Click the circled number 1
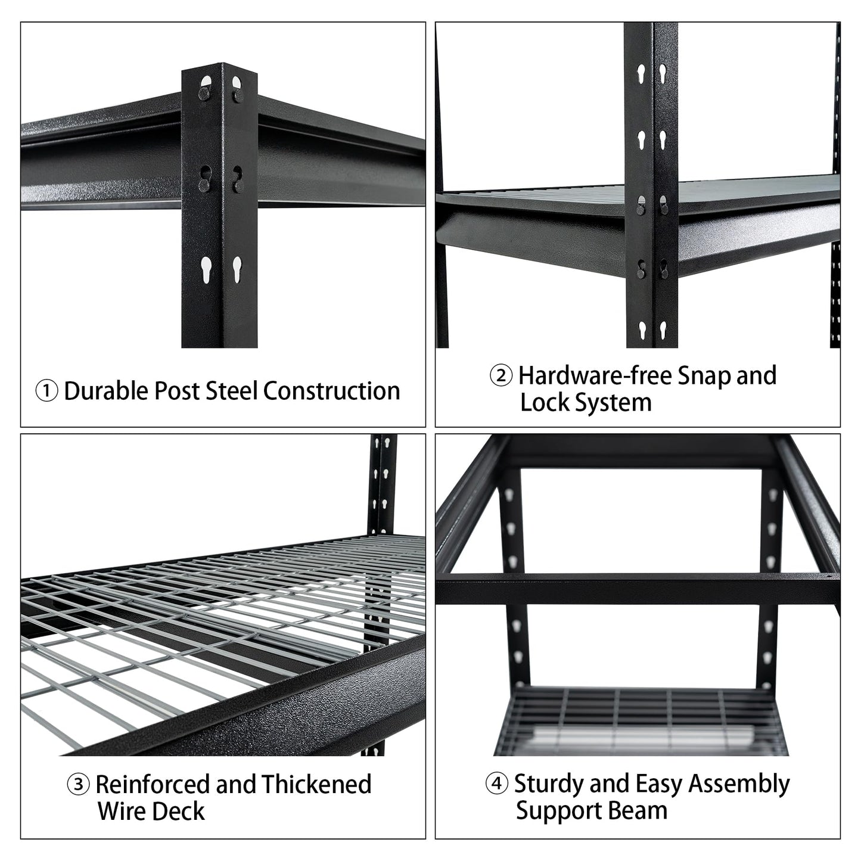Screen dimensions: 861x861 point(46,391)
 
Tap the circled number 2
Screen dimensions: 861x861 point(501,377)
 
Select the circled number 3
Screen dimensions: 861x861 point(79,785)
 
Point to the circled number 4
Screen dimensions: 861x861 point(497,784)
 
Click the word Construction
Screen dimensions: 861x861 point(331,391)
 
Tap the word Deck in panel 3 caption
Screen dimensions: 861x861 point(179,812)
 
